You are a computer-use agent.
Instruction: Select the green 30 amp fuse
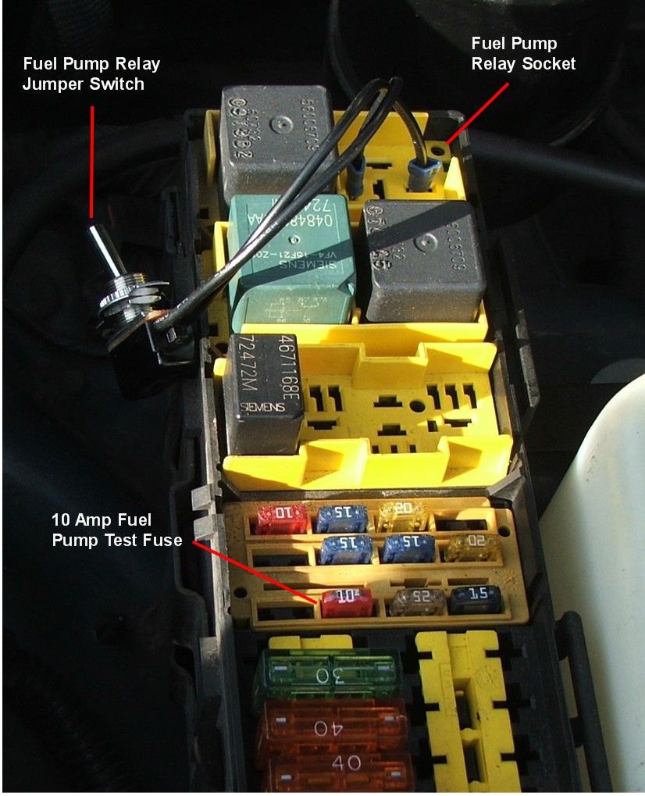point(328,672)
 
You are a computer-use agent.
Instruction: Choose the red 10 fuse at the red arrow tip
point(346,602)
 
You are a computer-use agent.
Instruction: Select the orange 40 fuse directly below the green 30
point(332,725)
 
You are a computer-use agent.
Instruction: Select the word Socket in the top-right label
point(546,63)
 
